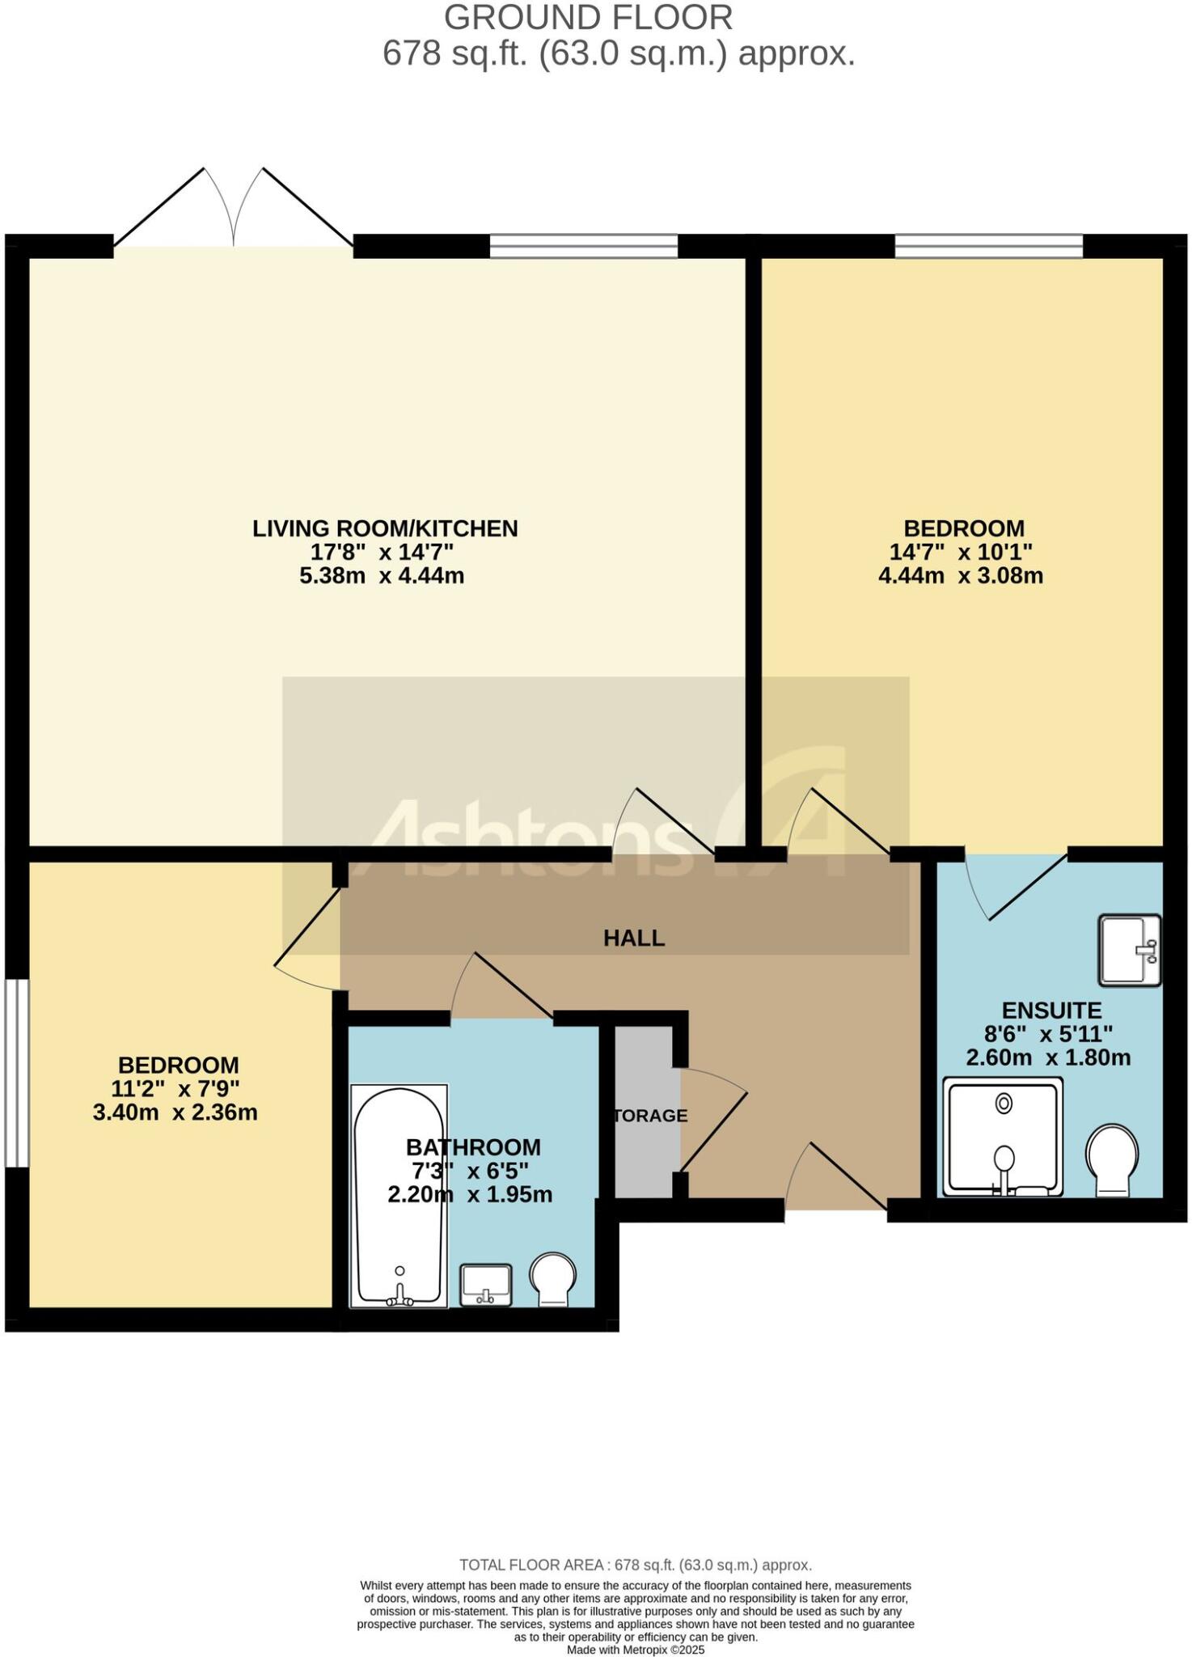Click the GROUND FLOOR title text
point(588,18)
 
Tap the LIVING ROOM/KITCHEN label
point(385,528)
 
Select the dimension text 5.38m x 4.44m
point(382,576)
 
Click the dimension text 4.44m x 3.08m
point(961,576)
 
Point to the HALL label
point(634,939)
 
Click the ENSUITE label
point(1051,1011)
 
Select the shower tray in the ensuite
point(1003,1138)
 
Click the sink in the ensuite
point(1130,951)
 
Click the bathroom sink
point(486,1285)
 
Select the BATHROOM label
point(473,1147)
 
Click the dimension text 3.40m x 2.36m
point(175,1112)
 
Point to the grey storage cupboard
point(645,1112)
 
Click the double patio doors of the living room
point(234,210)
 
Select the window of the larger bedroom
point(988,246)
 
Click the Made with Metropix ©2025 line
point(636,1650)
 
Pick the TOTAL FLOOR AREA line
point(636,1565)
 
